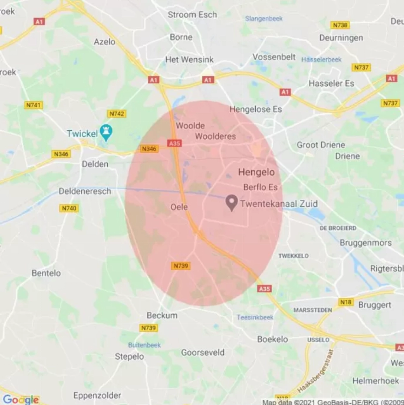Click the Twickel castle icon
click(x=106, y=132)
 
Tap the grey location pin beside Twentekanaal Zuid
click(x=232, y=202)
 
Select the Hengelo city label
click(x=256, y=172)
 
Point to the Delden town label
click(x=95, y=164)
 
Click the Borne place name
click(x=181, y=37)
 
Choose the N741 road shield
click(x=33, y=105)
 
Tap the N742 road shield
click(x=117, y=114)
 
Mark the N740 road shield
click(x=69, y=208)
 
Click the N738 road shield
click(x=340, y=25)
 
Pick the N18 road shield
click(x=346, y=302)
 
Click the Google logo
click(x=21, y=400)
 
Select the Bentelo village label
click(x=46, y=273)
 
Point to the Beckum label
click(x=162, y=315)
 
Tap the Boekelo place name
click(x=272, y=339)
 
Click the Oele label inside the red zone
click(x=179, y=207)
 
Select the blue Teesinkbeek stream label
click(x=255, y=317)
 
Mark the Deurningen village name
click(x=341, y=38)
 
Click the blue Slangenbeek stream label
click(x=264, y=19)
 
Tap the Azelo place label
click(x=104, y=42)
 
